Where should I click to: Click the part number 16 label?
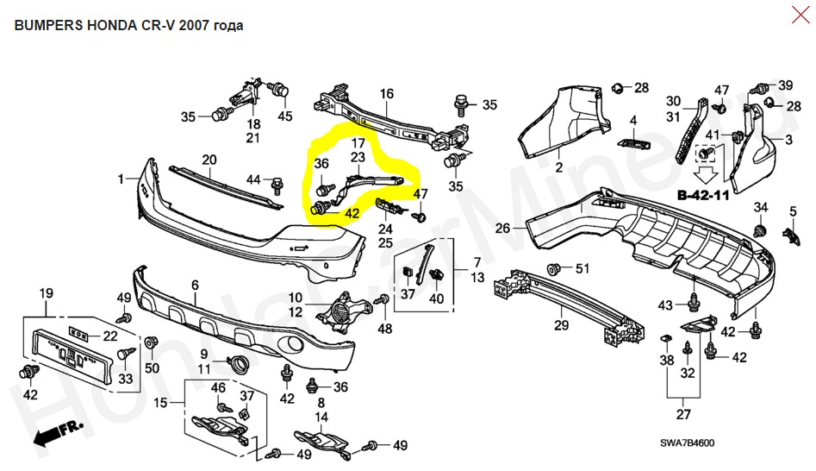[386, 94]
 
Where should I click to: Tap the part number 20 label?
[209, 160]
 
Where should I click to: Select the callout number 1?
[121, 179]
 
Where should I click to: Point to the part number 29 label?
[562, 325]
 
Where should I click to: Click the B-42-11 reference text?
[703, 196]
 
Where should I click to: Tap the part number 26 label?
[502, 229]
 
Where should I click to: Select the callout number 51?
[582, 269]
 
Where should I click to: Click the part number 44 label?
[253, 179]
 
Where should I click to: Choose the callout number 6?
[195, 285]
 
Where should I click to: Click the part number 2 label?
[557, 166]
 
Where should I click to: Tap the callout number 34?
[760, 207]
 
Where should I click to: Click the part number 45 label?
[285, 116]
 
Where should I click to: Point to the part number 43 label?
[665, 305]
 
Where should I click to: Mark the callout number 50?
[153, 369]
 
